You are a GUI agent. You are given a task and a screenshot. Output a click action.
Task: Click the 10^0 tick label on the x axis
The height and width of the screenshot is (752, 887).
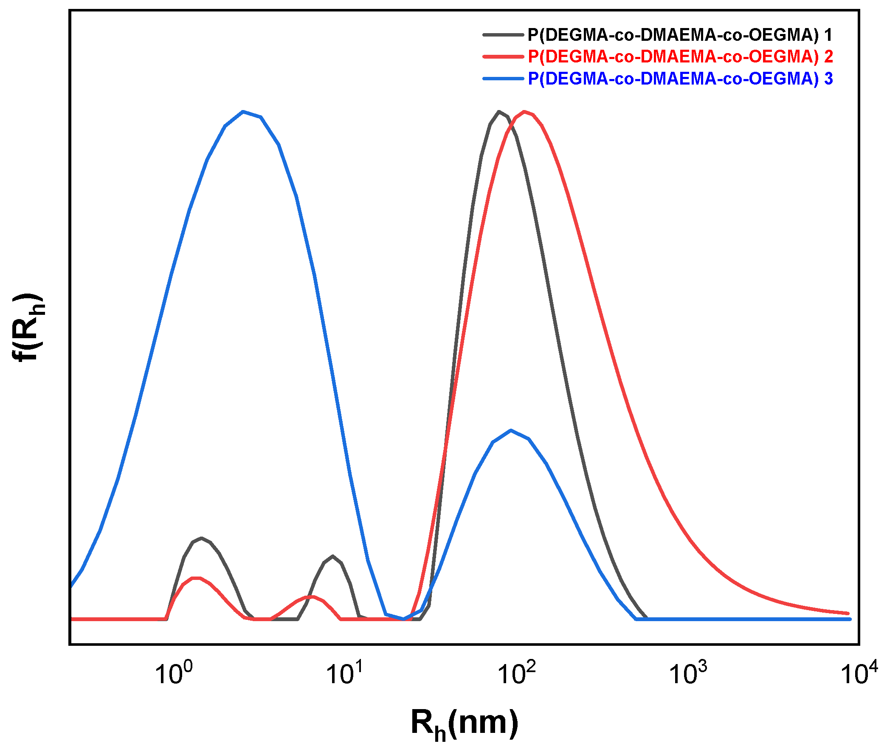point(174,673)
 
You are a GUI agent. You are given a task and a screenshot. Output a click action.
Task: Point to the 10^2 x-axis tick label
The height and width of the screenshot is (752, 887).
point(517,673)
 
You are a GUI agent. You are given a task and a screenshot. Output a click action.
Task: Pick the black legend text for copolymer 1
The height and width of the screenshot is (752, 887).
point(680,35)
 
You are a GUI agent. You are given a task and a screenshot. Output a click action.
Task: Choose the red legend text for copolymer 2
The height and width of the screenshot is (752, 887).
point(680,57)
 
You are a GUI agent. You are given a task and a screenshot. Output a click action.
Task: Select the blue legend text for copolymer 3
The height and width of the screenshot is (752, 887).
point(680,79)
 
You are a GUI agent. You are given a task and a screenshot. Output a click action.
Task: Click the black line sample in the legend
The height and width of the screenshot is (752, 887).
point(503,35)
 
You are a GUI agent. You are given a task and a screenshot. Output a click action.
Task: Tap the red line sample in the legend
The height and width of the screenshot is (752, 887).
point(503,57)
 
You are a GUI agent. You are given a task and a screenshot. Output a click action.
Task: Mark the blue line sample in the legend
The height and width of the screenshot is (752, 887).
point(503,79)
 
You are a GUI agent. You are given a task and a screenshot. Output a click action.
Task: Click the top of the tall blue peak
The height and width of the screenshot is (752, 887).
point(243,112)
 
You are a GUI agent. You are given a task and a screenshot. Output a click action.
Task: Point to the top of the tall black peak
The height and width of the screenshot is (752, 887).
point(499,111)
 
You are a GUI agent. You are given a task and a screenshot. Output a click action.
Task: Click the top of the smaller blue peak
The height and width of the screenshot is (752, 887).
point(511,430)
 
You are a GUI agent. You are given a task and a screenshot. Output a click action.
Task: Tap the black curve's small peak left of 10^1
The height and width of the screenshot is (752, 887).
point(333,556)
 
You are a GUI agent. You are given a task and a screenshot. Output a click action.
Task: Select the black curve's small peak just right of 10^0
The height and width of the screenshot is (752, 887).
point(201,538)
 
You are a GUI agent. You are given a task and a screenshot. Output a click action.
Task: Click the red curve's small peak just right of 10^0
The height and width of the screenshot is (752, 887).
point(196,578)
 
